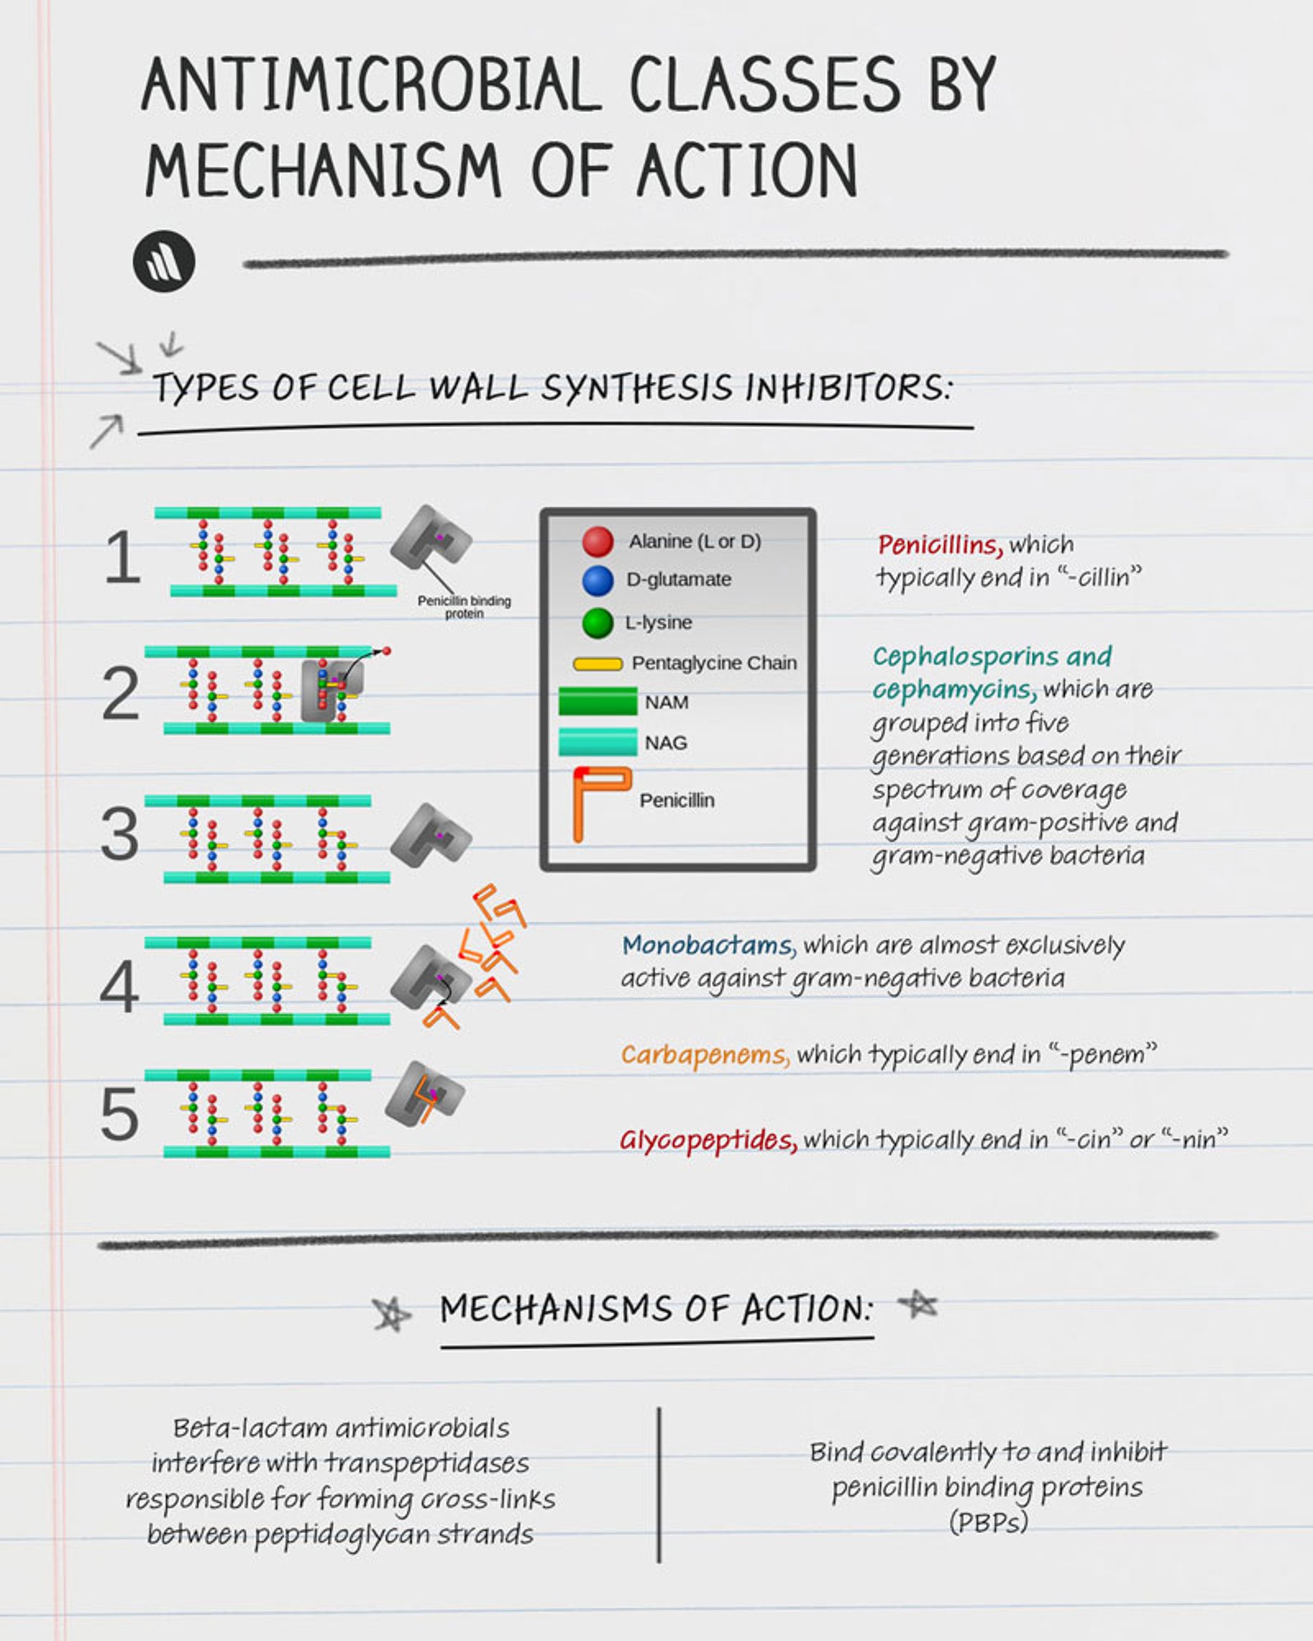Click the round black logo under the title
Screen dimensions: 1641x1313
click(x=163, y=261)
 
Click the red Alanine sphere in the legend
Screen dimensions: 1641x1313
click(x=598, y=541)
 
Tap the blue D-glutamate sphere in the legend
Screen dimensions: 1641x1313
click(x=598, y=581)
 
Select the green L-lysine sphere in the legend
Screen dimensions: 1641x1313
click(x=598, y=623)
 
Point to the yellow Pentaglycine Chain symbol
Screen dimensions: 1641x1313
click(x=598, y=664)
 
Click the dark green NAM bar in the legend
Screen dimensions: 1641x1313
click(x=598, y=701)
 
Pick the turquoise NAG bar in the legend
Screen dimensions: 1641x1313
click(x=598, y=741)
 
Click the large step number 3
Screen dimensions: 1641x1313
click(x=120, y=834)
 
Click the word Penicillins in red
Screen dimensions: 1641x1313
click(x=939, y=545)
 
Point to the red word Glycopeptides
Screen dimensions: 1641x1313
click(x=708, y=1140)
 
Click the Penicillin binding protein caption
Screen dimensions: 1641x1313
click(x=464, y=606)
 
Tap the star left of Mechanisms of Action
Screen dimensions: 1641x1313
click(x=391, y=1313)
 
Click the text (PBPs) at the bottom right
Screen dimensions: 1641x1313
click(x=988, y=1522)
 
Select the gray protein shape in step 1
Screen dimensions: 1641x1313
click(x=431, y=537)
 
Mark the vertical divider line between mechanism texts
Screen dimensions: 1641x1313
click(x=659, y=1484)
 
